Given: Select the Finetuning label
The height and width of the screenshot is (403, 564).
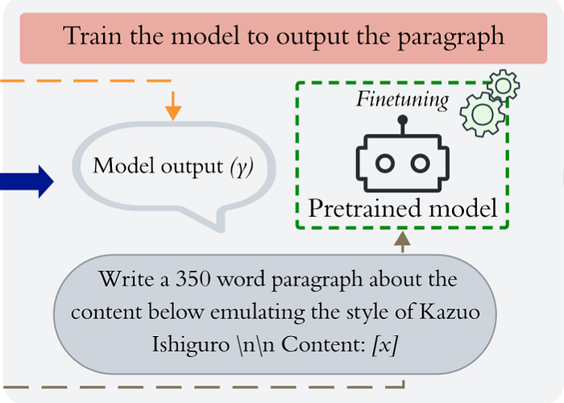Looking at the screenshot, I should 402,100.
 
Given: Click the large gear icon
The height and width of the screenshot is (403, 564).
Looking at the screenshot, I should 481,113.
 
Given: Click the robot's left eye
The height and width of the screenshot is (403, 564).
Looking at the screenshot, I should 386,163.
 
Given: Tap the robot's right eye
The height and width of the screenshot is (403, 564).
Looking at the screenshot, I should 419,163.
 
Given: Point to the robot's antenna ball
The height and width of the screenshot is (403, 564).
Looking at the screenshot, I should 402,119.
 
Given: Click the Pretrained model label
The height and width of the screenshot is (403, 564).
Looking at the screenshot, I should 402,208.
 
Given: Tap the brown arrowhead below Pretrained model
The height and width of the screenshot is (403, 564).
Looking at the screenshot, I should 402,237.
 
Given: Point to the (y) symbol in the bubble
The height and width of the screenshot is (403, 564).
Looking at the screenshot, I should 240,167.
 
